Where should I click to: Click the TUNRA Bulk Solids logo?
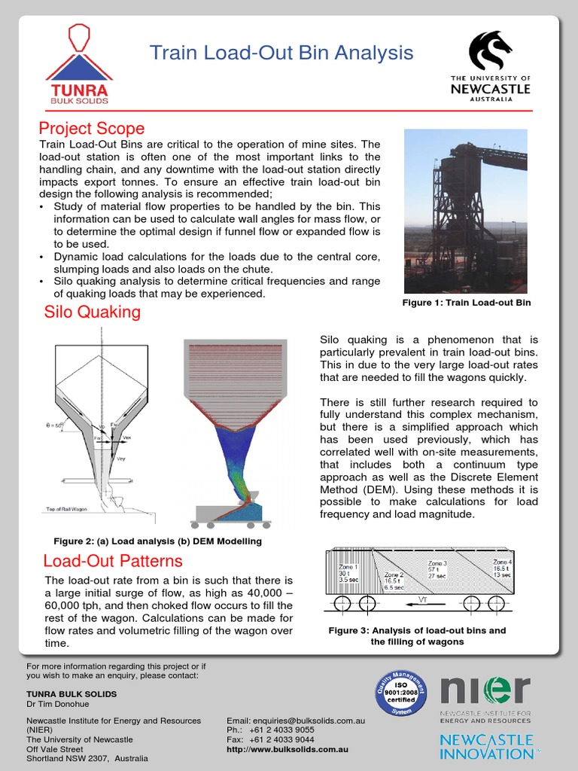click(78, 64)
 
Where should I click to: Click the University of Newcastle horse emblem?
click(490, 50)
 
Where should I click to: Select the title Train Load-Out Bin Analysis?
click(281, 53)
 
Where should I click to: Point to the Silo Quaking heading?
click(93, 312)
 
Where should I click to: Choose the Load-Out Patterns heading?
click(113, 561)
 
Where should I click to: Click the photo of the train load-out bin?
click(465, 211)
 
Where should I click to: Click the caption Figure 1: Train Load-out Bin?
click(467, 303)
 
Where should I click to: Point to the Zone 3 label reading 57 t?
click(438, 568)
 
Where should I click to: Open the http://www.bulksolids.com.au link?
click(287, 750)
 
